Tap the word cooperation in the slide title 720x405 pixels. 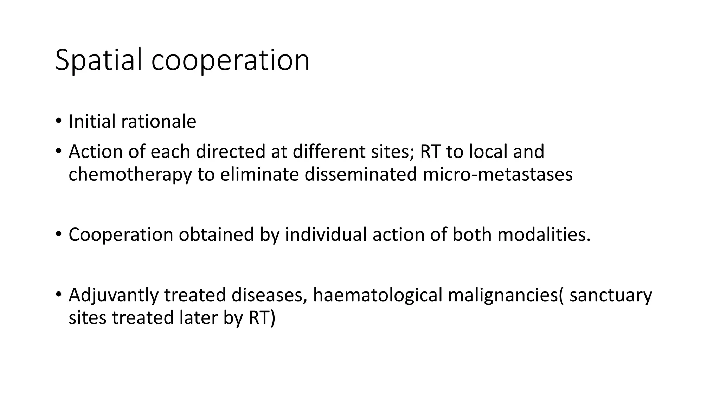[230, 60]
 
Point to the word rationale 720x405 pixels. [159, 122]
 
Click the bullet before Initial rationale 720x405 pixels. [58, 121]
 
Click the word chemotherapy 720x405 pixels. [130, 175]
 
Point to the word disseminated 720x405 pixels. [361, 175]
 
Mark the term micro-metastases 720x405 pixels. [497, 175]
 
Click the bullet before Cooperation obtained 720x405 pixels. [58, 234]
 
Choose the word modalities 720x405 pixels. [544, 234]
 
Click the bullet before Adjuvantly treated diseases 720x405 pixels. [58, 295]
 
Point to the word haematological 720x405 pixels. [378, 295]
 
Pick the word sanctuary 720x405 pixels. [611, 295]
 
